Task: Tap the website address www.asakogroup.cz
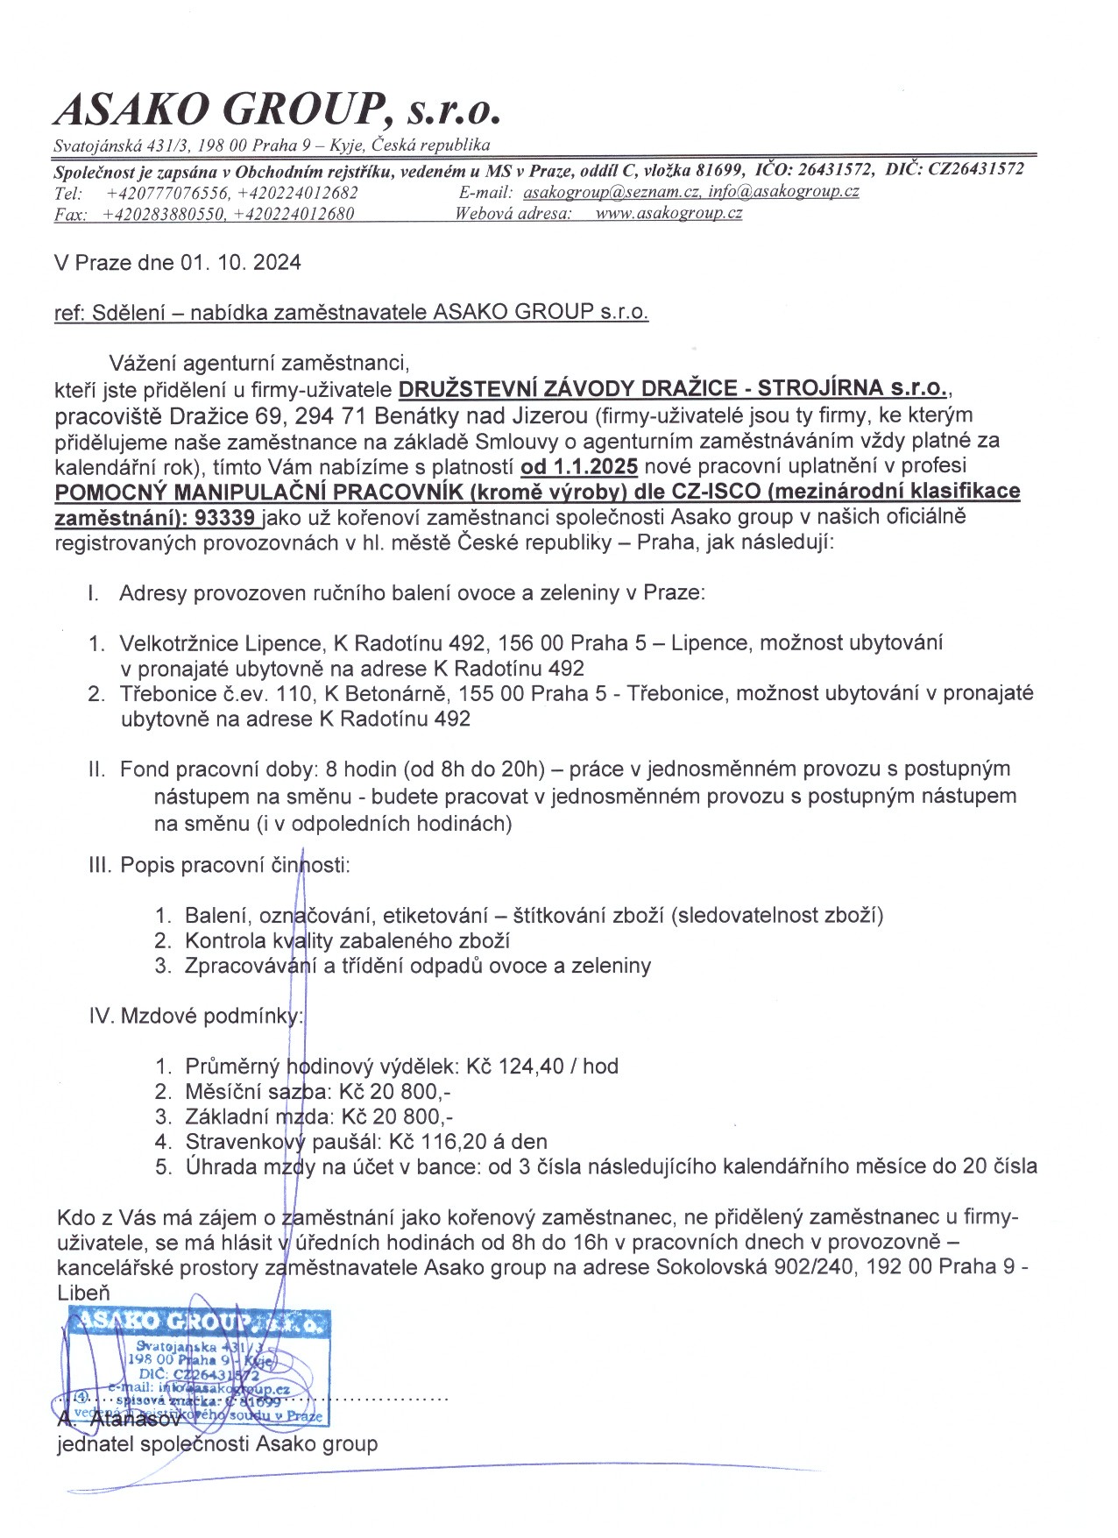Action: [669, 213]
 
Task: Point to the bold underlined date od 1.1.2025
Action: [578, 464]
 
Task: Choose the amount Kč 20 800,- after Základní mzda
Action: [397, 1117]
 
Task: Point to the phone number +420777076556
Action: [167, 193]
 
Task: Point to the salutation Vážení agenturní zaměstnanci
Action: [258, 362]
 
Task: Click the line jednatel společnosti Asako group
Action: [216, 1443]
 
